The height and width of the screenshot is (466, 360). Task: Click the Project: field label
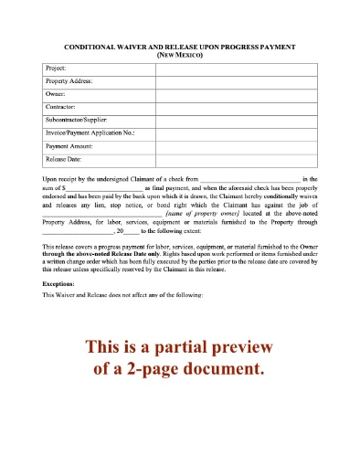[57, 68]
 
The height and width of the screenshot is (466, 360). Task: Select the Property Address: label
[69, 80]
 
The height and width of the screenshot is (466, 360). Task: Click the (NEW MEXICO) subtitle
[179, 55]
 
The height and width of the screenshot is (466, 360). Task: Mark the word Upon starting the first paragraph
[52, 179]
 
